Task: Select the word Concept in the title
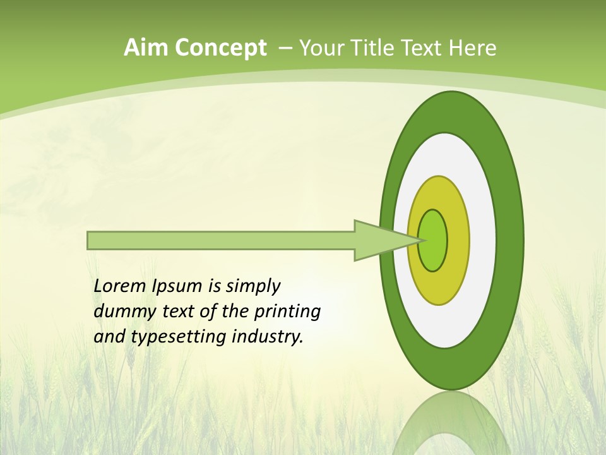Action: point(221,49)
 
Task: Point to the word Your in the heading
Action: point(320,48)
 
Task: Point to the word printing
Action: point(287,312)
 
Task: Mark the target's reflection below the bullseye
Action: point(451,423)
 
